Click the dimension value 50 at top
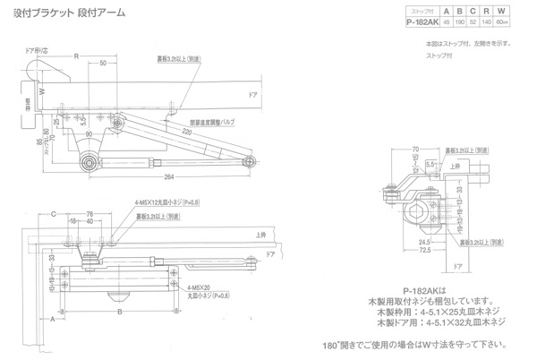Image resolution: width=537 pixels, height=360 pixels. [x=105, y=64]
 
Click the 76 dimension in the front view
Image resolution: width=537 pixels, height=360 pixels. [x=89, y=212]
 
